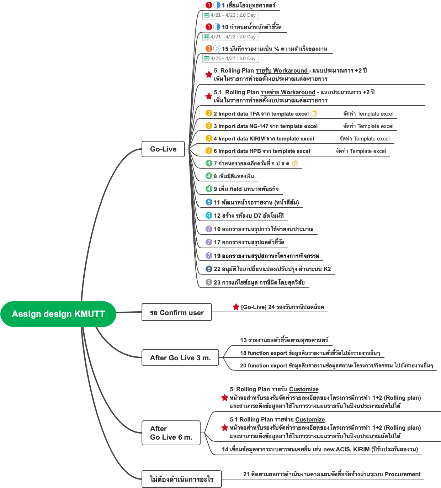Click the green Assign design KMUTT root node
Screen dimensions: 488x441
pos(58,314)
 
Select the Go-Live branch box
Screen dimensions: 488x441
pos(163,149)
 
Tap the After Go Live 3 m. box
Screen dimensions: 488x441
pos(180,358)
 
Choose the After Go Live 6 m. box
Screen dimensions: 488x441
pos(171,433)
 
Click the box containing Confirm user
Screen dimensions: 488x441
pos(177,313)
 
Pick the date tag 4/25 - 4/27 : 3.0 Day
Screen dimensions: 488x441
pos(230,58)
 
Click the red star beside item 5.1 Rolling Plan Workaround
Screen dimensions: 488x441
pos(209,96)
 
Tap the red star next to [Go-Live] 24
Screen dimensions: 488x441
pos(236,307)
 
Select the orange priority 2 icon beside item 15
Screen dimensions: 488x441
pos(209,48)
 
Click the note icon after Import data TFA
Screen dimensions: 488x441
pos(314,114)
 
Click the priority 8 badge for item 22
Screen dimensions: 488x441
pos(209,269)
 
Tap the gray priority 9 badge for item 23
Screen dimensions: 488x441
pos(209,282)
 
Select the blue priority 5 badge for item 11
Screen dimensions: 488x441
pos(209,202)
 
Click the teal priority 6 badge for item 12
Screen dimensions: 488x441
pos(209,216)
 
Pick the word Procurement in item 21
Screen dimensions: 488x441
pos(403,474)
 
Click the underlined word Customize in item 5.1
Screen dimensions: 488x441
pos(310,420)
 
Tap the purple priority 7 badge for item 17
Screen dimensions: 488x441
pos(209,242)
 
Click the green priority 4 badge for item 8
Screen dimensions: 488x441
pos(209,176)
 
